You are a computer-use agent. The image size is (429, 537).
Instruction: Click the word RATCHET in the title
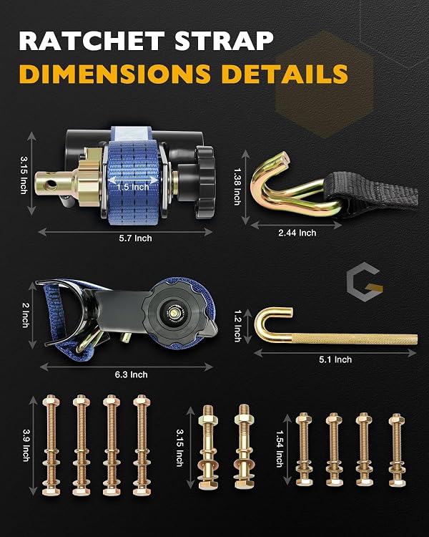(x=92, y=41)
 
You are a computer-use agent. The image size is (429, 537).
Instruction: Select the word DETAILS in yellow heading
(x=285, y=73)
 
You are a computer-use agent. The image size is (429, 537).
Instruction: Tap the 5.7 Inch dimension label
(x=135, y=238)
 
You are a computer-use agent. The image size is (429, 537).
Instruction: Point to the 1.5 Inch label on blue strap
(x=133, y=187)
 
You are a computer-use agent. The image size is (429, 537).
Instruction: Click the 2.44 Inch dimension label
(x=297, y=233)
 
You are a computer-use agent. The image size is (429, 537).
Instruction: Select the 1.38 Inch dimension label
(x=237, y=186)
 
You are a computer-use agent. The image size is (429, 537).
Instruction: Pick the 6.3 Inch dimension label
(x=131, y=374)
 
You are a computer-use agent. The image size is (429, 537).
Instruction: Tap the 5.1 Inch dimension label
(x=335, y=359)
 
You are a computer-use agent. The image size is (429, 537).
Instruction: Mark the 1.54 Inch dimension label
(x=280, y=449)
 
